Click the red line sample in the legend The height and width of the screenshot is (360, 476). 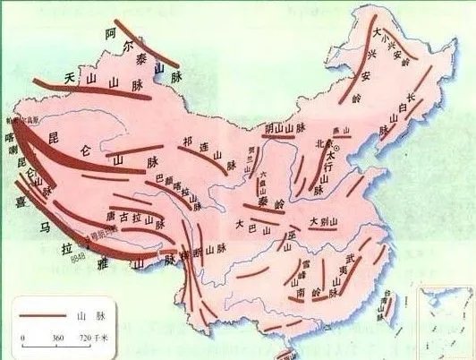[x=40, y=316]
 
